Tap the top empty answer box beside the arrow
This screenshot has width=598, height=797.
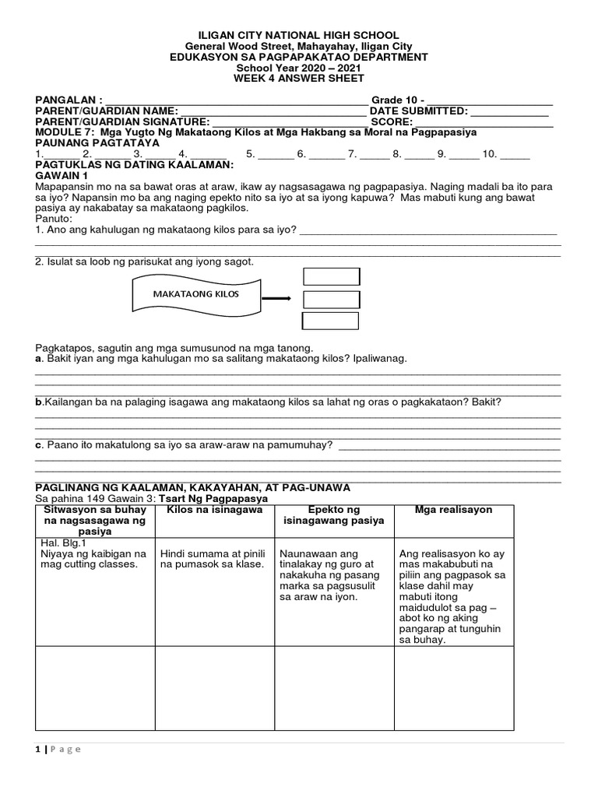coord(331,277)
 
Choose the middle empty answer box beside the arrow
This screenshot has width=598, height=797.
coord(331,300)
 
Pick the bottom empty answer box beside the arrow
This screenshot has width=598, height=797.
coord(331,321)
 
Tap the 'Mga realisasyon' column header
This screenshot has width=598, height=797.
coord(453,510)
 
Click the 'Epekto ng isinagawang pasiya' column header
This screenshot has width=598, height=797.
coord(334,515)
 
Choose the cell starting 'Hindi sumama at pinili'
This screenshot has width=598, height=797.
coord(214,559)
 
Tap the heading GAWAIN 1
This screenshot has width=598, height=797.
coord(59,177)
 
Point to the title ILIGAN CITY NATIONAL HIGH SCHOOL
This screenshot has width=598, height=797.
coord(298,36)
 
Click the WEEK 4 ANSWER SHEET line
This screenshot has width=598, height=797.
coord(298,79)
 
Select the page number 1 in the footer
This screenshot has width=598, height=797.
coord(37,750)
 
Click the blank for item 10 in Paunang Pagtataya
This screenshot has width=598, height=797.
coord(515,155)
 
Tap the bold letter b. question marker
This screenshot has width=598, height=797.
coord(38,402)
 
